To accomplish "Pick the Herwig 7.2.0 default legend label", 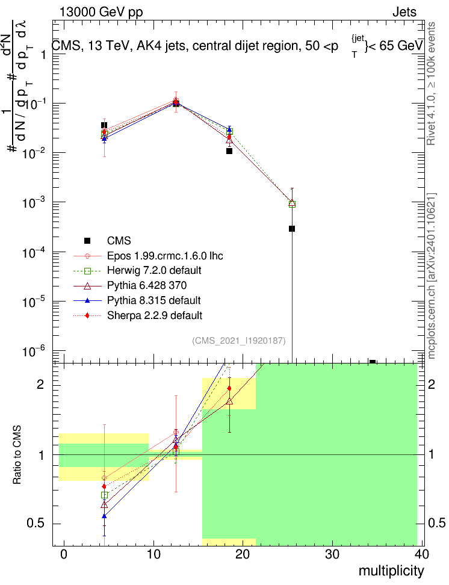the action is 154,270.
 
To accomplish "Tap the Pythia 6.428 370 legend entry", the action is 147,285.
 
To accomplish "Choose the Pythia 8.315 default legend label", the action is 153,300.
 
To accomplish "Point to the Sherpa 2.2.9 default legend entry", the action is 155,315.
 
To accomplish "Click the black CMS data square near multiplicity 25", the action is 292,229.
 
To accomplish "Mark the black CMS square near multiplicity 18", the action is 229,151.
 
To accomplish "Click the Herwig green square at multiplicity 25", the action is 292,204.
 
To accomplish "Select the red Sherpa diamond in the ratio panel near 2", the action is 229,388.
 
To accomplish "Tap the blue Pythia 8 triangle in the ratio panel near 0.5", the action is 104,516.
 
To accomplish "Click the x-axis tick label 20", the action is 243,554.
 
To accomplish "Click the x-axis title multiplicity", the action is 391,571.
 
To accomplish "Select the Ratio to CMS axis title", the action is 17,455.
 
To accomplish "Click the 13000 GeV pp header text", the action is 101,12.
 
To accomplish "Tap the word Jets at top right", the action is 404,12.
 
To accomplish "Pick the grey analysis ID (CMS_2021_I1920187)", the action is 239,341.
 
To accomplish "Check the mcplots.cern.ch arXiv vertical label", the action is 432,276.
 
